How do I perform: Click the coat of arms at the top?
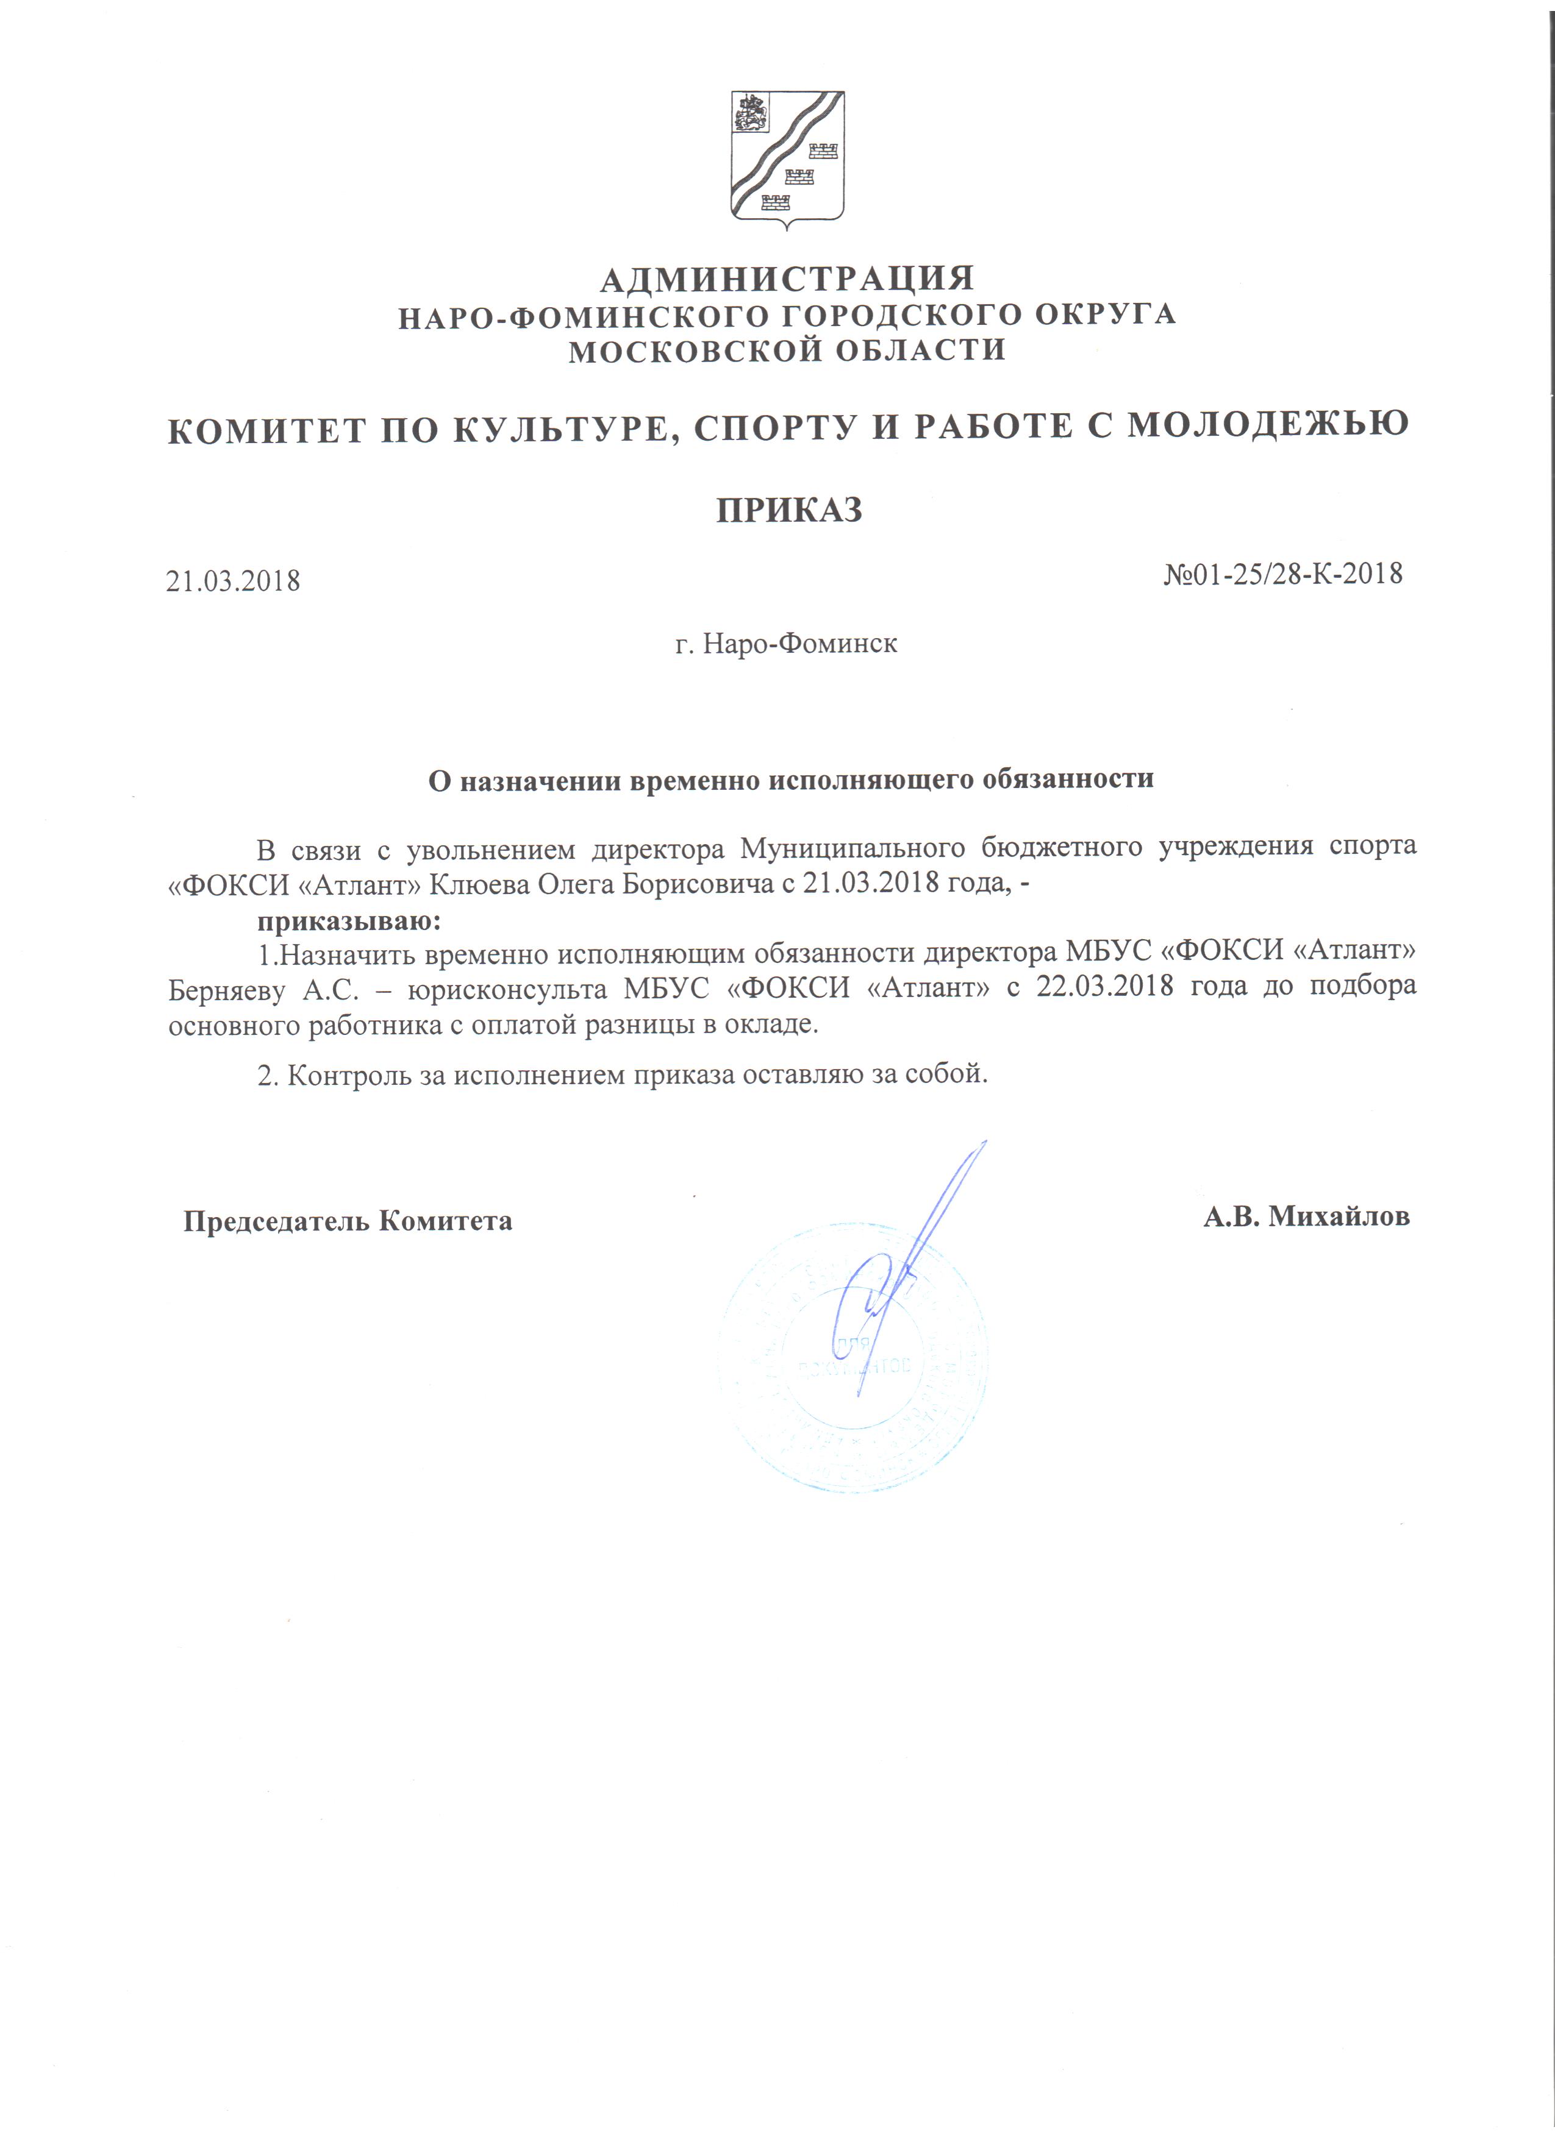(787, 160)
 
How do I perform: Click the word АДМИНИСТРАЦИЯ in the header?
(787, 279)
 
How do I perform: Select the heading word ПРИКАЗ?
(789, 511)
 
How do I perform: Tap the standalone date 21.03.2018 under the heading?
(233, 581)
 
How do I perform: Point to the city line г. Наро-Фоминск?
(787, 644)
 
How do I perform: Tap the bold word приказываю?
(349, 919)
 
